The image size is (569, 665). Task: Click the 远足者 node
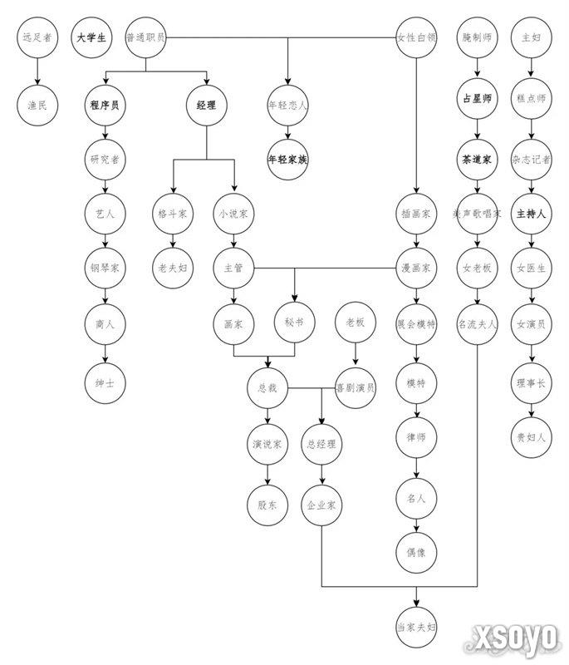pyautogui.click(x=37, y=37)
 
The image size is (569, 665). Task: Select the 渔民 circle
pyautogui.click(x=37, y=106)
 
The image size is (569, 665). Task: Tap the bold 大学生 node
pyautogui.click(x=91, y=37)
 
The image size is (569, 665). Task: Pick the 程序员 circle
pyautogui.click(x=105, y=106)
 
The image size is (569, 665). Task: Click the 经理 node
pyautogui.click(x=207, y=106)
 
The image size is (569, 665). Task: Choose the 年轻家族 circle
pyautogui.click(x=288, y=160)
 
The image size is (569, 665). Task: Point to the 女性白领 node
pyautogui.click(x=416, y=37)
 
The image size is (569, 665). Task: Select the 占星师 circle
pyautogui.click(x=478, y=98)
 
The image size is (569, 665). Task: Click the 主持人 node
pyautogui.click(x=532, y=214)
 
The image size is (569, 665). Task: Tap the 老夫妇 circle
pyautogui.click(x=173, y=268)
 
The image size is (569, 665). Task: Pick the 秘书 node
pyautogui.click(x=294, y=323)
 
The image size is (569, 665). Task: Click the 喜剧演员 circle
pyautogui.click(x=356, y=387)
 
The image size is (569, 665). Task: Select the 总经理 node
pyautogui.click(x=321, y=444)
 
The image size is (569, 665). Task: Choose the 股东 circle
pyautogui.click(x=267, y=505)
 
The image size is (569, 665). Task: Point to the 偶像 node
pyautogui.click(x=416, y=552)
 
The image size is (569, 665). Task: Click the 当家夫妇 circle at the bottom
pyautogui.click(x=416, y=627)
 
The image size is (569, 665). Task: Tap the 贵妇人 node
pyautogui.click(x=532, y=437)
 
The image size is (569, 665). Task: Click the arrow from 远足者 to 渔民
pyautogui.click(x=37, y=71)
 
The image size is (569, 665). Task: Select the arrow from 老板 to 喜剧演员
pyautogui.click(x=356, y=354)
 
